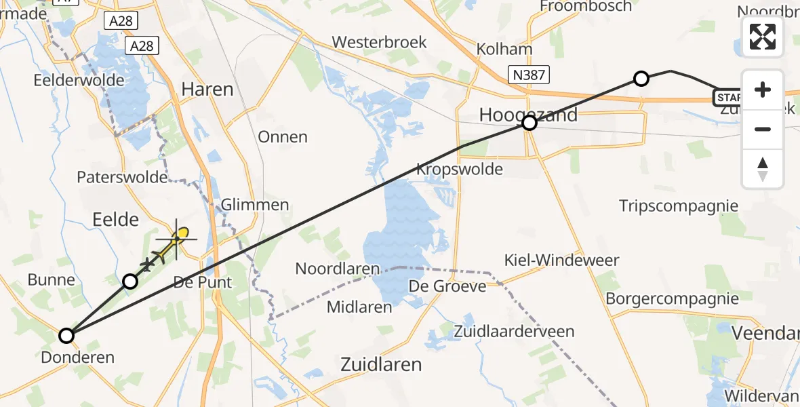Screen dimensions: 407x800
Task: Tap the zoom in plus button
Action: coord(763,90)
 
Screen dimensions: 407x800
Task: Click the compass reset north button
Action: coord(763,169)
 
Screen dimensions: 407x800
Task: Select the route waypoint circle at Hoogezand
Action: coord(529,123)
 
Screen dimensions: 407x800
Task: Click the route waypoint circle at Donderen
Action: coord(66,335)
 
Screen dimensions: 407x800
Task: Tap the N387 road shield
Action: coord(529,74)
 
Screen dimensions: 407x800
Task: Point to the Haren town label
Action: coord(207,90)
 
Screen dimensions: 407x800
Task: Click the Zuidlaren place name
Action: coord(380,365)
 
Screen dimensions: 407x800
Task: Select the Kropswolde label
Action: coord(460,169)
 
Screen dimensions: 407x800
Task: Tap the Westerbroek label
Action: coord(379,42)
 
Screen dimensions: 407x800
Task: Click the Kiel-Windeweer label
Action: coord(563,260)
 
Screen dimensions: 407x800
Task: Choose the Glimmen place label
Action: coord(255,205)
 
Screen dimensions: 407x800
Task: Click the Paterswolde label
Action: coord(122,178)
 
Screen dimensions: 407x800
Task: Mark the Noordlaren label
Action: coord(337,269)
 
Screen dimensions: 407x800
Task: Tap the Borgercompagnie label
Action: coord(672,298)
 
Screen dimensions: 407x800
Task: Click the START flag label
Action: coord(727,98)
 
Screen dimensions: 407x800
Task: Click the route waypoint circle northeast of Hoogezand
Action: coord(641,78)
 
